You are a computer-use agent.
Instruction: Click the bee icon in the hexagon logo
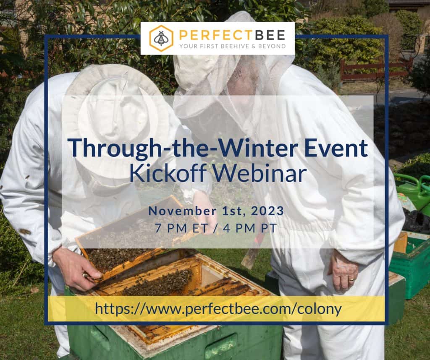(x=161, y=38)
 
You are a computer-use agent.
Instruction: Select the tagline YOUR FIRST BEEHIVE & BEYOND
(x=233, y=46)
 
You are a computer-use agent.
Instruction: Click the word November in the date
(x=182, y=211)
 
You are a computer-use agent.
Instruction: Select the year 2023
(x=267, y=211)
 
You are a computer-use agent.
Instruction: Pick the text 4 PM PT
(x=250, y=228)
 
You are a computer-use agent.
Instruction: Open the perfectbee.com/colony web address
(x=218, y=309)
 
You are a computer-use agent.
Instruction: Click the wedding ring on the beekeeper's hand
(x=351, y=279)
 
